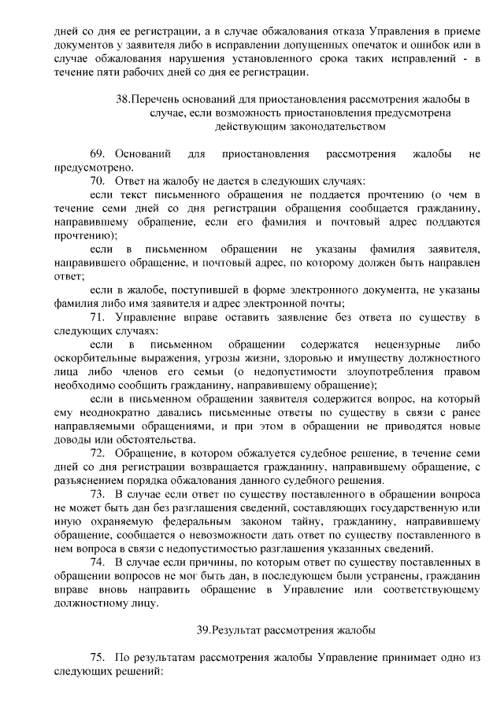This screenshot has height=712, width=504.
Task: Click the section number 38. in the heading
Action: pos(122,100)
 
